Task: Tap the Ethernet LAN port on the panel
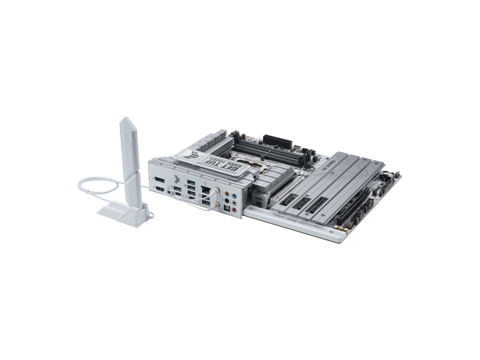tap(206, 190)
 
